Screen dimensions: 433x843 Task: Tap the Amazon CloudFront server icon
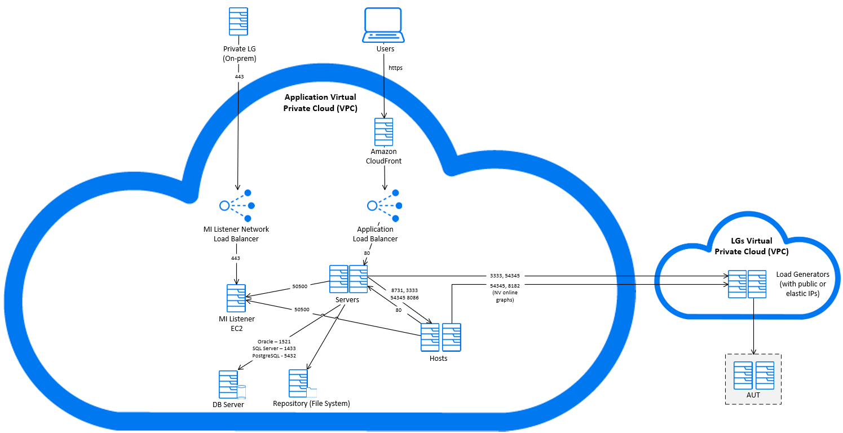click(x=384, y=132)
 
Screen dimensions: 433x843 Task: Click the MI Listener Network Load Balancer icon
click(x=237, y=205)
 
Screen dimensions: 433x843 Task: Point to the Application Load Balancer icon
click(x=384, y=205)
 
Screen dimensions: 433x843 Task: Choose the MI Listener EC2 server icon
click(x=236, y=298)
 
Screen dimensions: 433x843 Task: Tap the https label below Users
click(x=395, y=68)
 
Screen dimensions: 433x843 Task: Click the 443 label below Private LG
click(x=239, y=76)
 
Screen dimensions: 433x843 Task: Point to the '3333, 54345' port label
click(x=505, y=276)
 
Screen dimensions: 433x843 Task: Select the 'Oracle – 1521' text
click(x=273, y=341)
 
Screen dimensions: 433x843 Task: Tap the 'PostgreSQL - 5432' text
click(x=273, y=356)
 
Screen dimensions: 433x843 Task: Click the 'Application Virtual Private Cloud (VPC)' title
click(x=320, y=103)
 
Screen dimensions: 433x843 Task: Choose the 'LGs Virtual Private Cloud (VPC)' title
click(x=751, y=246)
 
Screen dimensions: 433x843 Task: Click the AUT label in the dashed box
click(x=753, y=395)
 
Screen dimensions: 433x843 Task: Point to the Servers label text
click(x=347, y=300)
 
